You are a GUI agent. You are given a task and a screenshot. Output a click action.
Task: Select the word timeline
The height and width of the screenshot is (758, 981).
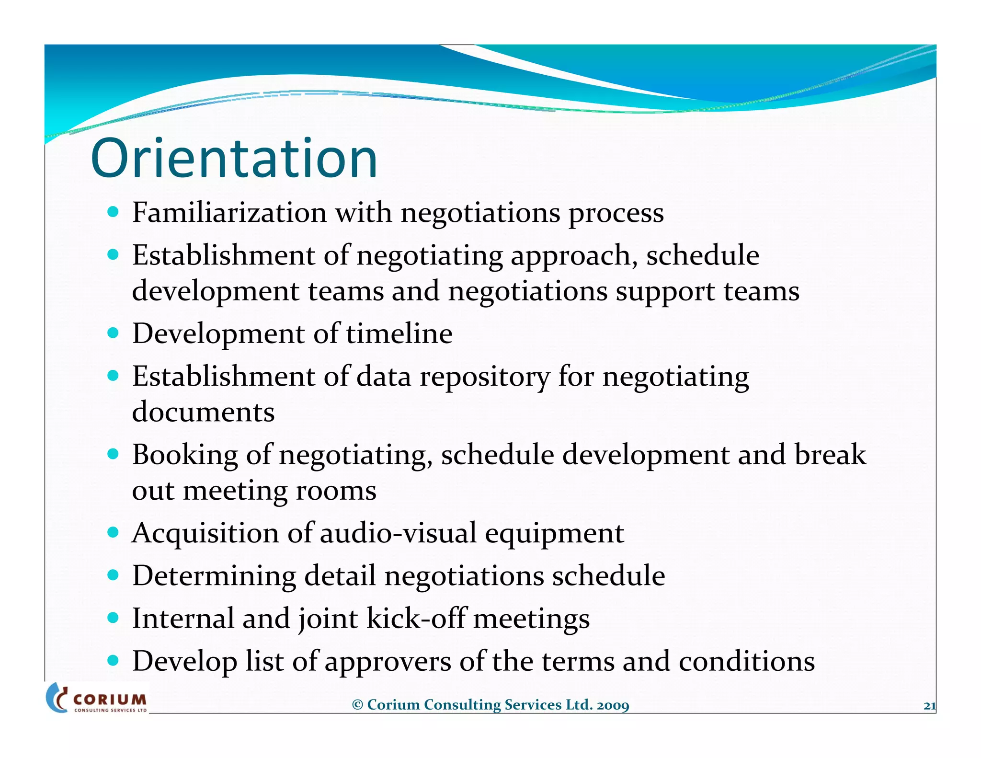399,333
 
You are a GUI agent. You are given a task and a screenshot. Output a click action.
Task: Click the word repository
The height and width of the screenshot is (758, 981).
485,377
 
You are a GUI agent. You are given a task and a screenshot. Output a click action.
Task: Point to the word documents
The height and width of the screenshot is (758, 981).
203,412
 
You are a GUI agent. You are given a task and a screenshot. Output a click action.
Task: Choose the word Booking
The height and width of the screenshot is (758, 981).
185,455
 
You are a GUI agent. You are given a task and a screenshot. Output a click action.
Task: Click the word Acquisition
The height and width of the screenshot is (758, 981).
205,533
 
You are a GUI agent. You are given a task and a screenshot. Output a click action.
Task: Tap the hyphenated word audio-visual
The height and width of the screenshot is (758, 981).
398,533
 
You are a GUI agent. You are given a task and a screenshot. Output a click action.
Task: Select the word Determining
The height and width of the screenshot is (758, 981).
214,576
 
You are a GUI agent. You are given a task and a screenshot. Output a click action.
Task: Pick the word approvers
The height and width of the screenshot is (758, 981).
388,662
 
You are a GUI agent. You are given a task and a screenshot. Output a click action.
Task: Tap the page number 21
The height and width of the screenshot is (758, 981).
929,705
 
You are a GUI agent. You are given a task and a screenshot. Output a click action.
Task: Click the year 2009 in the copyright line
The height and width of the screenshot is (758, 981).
613,705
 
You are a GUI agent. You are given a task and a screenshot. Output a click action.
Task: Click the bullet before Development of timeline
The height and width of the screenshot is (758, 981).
113,333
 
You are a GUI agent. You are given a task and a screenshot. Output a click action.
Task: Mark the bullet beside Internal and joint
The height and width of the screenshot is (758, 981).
113,618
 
